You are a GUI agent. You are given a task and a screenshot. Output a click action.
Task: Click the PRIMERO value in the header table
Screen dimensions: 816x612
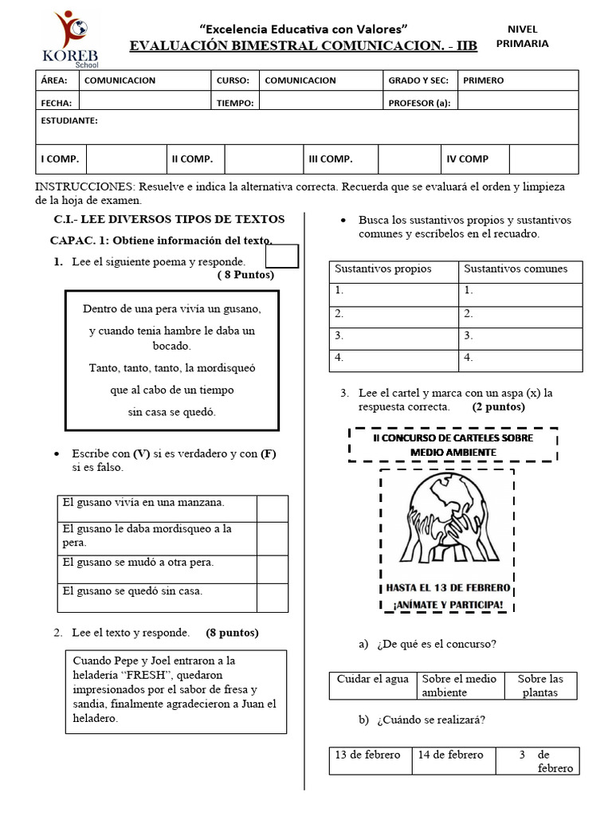click(x=483, y=80)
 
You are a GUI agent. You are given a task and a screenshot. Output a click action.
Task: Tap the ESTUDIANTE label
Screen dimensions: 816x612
click(x=69, y=121)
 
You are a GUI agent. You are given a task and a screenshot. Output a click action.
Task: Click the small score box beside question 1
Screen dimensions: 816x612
click(x=281, y=257)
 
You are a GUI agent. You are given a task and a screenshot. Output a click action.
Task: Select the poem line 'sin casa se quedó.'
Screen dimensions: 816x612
click(x=171, y=412)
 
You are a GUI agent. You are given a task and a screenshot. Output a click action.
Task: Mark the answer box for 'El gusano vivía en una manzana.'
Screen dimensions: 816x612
click(x=272, y=508)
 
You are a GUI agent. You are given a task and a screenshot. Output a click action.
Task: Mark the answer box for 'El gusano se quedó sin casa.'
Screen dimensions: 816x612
click(x=272, y=597)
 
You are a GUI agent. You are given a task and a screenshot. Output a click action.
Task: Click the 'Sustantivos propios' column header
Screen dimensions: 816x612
click(x=383, y=269)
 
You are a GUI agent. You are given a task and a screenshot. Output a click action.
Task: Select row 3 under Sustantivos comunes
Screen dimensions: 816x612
click(x=521, y=336)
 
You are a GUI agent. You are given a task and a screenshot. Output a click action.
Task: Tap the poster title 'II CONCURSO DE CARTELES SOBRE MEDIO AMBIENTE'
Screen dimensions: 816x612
click(x=453, y=445)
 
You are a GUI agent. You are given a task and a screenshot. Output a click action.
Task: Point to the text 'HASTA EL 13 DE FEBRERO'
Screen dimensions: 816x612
click(x=447, y=588)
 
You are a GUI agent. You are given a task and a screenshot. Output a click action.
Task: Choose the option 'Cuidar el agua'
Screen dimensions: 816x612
click(x=373, y=679)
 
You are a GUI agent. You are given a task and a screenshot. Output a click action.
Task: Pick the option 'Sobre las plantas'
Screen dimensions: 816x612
click(x=539, y=685)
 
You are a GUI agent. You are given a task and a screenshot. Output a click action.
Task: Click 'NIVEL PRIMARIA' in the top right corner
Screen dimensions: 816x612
click(x=522, y=37)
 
